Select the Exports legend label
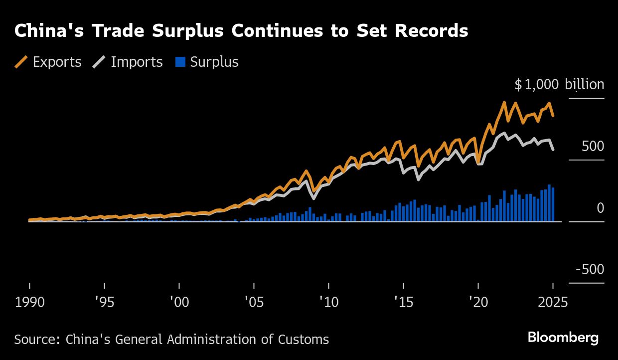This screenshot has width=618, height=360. [57, 62]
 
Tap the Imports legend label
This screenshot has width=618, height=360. [137, 62]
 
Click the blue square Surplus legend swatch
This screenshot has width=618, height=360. [181, 62]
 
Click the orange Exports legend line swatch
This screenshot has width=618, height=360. [21, 62]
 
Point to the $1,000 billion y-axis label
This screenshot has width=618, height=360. [559, 85]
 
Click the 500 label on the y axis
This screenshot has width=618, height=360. [593, 147]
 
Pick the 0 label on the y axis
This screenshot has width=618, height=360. [600, 208]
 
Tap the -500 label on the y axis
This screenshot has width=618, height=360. [590, 270]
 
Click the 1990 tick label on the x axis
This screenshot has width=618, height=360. [30, 303]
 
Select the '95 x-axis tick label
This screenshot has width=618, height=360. [104, 303]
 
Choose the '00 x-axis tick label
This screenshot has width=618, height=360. [179, 303]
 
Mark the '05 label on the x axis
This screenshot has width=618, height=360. [254, 303]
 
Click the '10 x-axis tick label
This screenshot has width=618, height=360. [328, 303]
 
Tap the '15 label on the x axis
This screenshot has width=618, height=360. [403, 303]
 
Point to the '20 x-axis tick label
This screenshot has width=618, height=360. [478, 303]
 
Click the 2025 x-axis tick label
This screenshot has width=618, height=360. [552, 303]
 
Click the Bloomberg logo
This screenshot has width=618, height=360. [563, 338]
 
